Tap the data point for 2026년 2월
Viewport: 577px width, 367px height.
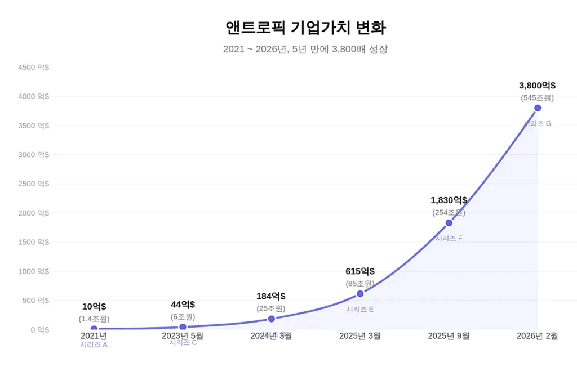[538, 108]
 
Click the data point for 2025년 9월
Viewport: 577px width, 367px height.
[449, 223]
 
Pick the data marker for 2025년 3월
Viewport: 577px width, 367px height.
[360, 293]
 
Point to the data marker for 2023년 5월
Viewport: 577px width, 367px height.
[183, 327]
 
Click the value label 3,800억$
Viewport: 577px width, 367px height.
[537, 86]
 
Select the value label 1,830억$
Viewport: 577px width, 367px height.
[449, 200]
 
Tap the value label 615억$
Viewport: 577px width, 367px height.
[360, 271]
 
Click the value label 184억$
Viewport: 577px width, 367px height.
[271, 296]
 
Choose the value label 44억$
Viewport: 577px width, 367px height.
[183, 305]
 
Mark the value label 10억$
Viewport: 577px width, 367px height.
[94, 307]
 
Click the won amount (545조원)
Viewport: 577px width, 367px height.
[537, 98]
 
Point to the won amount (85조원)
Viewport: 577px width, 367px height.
[360, 283]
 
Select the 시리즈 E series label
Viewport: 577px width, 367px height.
[360, 309]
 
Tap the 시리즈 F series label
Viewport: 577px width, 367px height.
[449, 238]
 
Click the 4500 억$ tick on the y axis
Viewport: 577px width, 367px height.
[33, 68]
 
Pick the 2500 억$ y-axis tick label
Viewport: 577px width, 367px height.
[33, 184]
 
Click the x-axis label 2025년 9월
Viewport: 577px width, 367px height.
[449, 336]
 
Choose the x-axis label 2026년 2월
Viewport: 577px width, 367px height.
[537, 336]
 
